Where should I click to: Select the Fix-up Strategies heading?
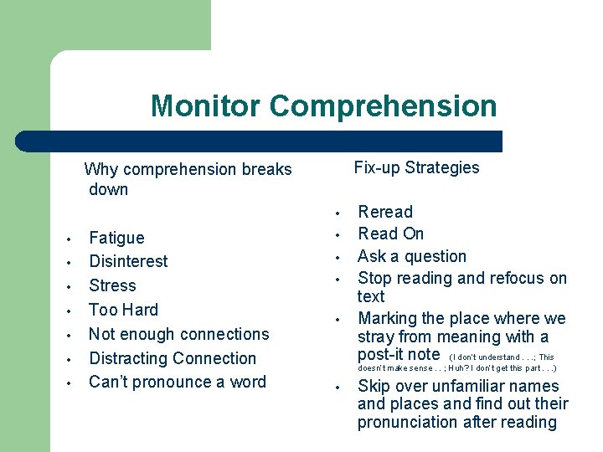pyautogui.click(x=416, y=167)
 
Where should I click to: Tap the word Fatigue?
pyautogui.click(x=116, y=238)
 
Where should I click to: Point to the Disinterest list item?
pyautogui.click(x=128, y=261)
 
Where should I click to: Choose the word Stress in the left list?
pyautogui.click(x=112, y=285)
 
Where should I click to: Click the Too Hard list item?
pyautogui.click(x=123, y=310)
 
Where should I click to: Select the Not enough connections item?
pyautogui.click(x=178, y=334)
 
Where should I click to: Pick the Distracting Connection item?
pyautogui.click(x=173, y=358)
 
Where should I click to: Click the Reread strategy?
pyautogui.click(x=385, y=212)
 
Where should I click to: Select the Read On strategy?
pyautogui.click(x=390, y=234)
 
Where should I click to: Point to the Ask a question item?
pyautogui.click(x=411, y=256)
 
